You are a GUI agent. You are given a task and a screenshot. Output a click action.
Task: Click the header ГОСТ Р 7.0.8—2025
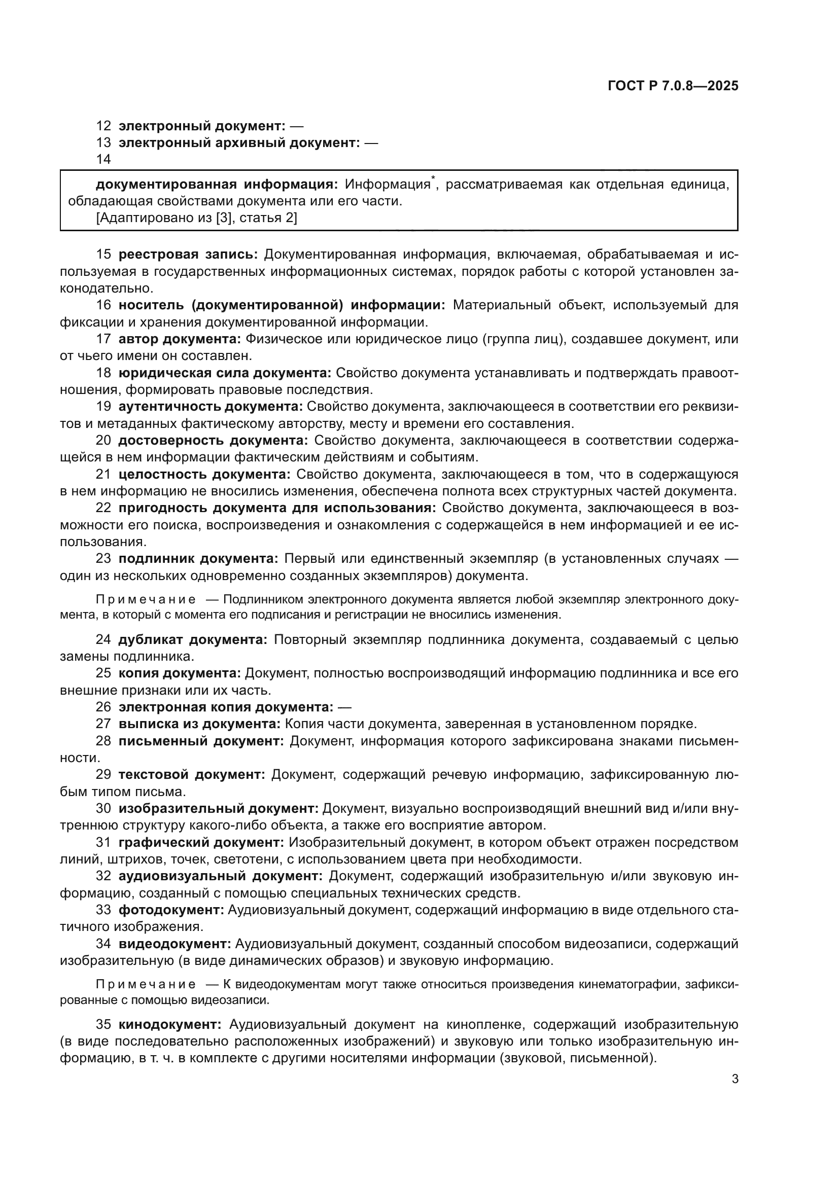[673, 86]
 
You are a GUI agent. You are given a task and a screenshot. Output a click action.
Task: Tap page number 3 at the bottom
[735, 1079]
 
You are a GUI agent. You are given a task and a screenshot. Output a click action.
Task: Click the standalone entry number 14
[103, 160]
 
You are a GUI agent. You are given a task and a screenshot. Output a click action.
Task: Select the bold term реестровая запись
[188, 254]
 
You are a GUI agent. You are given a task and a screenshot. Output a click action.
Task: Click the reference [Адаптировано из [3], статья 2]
[196, 218]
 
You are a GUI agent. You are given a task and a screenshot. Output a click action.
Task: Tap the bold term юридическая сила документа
[225, 373]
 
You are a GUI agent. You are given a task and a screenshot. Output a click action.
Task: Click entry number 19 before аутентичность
[103, 407]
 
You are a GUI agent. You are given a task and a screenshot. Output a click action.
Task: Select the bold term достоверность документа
[213, 441]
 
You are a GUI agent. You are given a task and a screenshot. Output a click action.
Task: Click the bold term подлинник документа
[198, 558]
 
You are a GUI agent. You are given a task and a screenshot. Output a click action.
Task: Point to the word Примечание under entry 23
[146, 600]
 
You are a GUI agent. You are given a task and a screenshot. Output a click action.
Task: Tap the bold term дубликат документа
[193, 639]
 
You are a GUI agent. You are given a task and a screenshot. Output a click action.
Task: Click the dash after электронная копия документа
[344, 707]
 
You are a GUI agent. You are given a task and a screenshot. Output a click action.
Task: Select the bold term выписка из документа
[199, 724]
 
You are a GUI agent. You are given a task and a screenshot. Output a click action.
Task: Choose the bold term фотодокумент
[171, 910]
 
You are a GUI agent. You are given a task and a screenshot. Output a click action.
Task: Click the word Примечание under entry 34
[146, 985]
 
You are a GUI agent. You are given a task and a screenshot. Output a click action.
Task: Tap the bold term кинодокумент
[170, 1024]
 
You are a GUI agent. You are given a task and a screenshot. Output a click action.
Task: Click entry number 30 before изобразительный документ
[103, 808]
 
